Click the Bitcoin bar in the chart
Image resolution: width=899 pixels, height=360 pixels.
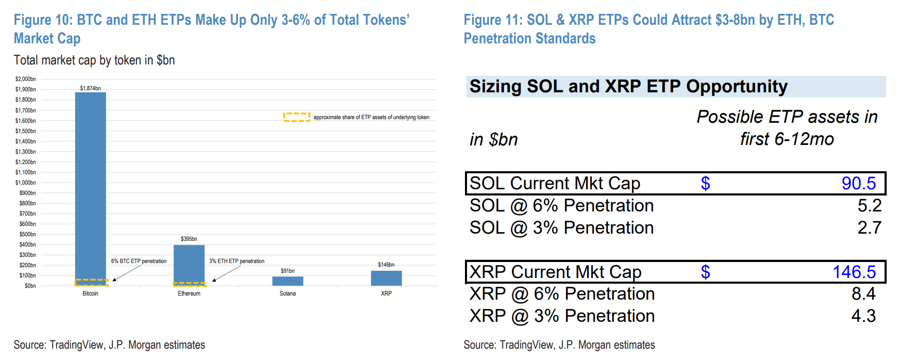point(90,186)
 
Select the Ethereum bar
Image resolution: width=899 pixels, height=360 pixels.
point(189,263)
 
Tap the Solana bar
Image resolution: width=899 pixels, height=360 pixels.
point(288,281)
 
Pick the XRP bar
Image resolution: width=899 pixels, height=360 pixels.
point(386,278)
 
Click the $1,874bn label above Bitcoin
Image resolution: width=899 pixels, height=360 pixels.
point(90,88)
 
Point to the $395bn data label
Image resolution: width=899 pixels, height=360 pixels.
point(189,239)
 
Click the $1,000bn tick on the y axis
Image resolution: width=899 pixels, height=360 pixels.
point(26,183)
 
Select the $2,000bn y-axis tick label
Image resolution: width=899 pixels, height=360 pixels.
point(26,79)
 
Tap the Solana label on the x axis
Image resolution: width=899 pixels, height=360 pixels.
point(288,293)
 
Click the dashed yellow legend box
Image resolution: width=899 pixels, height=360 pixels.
point(296,117)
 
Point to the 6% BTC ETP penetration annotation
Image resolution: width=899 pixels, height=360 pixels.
point(139,261)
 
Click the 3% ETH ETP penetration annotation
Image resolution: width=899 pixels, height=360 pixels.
point(237,261)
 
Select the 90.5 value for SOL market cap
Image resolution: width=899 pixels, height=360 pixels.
point(858,183)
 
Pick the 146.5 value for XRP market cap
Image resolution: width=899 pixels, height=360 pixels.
point(854,272)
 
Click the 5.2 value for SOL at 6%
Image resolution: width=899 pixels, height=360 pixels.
point(869,205)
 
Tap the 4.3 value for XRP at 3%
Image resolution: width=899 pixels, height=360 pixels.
point(863,316)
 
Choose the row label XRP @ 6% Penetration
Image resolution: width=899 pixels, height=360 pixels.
point(562,293)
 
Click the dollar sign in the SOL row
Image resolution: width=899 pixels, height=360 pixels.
point(705,183)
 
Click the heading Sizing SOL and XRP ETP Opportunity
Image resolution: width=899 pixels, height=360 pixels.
point(628,86)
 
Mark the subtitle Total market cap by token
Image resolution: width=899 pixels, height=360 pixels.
point(94,60)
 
